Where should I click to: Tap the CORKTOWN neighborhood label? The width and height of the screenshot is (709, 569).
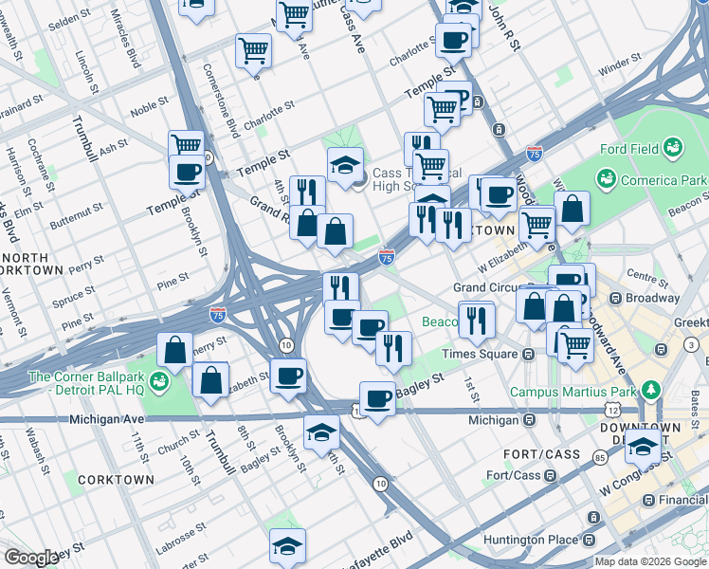[117, 480]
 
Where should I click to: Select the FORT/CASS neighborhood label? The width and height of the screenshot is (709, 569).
[542, 454]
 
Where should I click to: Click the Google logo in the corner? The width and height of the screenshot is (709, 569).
[31, 558]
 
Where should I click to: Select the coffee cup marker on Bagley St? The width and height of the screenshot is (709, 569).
[377, 398]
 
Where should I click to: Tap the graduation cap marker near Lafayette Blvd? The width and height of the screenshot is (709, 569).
[287, 546]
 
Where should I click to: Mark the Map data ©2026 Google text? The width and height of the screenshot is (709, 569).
[649, 561]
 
